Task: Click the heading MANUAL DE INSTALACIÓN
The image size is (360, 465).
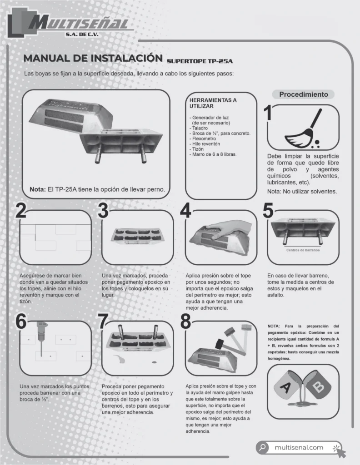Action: (93, 58)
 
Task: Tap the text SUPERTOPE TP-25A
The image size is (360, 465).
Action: (200, 61)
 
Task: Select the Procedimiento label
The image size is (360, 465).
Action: (303, 94)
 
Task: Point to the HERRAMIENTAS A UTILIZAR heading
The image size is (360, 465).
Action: (213, 103)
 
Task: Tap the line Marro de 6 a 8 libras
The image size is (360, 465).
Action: (214, 154)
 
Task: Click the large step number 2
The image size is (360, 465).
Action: (21, 211)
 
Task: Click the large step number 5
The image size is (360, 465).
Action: (268, 211)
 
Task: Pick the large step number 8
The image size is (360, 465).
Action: (185, 322)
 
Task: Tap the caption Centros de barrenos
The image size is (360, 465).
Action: (303, 250)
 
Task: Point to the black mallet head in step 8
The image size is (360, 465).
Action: (220, 344)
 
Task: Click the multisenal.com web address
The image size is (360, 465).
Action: (299, 447)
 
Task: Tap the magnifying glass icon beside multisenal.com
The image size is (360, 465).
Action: (262, 447)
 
